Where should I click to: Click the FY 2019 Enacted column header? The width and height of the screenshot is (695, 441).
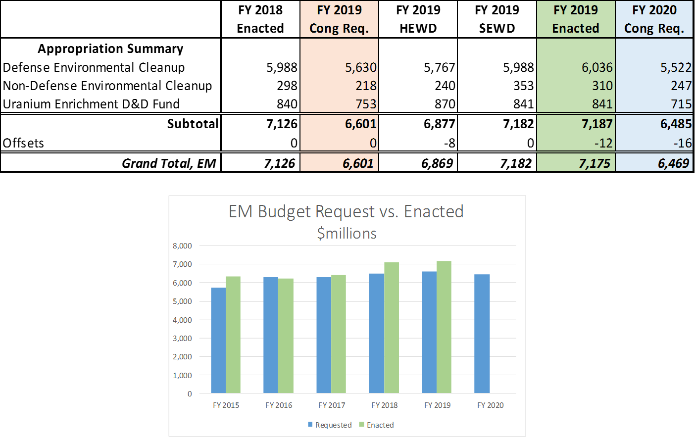pyautogui.click(x=576, y=19)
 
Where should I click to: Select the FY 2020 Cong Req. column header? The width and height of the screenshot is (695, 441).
pyautogui.click(x=654, y=19)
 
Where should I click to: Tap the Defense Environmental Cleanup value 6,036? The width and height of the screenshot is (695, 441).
pyautogui.click(x=597, y=67)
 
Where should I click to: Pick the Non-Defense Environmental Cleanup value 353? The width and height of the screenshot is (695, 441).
pyautogui.click(x=523, y=86)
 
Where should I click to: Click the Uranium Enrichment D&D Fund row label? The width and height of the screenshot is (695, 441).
pyautogui.click(x=91, y=104)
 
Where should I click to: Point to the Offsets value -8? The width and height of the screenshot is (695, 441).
pyautogui.click(x=449, y=143)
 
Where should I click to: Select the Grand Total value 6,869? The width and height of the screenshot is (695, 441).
pyautogui.click(x=437, y=163)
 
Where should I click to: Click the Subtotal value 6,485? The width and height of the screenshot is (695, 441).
pyautogui.click(x=676, y=124)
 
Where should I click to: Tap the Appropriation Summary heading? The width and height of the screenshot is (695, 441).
pyautogui.click(x=110, y=49)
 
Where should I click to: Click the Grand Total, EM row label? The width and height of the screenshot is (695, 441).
pyautogui.click(x=169, y=163)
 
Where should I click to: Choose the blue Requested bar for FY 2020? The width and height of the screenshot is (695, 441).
pyautogui.click(x=482, y=334)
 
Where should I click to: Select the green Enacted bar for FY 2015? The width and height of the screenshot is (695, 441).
pyautogui.click(x=233, y=335)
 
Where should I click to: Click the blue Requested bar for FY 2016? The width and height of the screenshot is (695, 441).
pyautogui.click(x=271, y=336)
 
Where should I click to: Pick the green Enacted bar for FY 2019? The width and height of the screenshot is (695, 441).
pyautogui.click(x=444, y=327)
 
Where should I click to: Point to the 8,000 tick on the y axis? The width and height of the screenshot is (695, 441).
pyautogui.click(x=182, y=245)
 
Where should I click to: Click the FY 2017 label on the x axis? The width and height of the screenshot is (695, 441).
pyautogui.click(x=332, y=405)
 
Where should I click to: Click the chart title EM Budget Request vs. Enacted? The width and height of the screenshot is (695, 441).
pyautogui.click(x=346, y=211)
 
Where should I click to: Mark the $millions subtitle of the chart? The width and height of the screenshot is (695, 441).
pyautogui.click(x=347, y=233)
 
